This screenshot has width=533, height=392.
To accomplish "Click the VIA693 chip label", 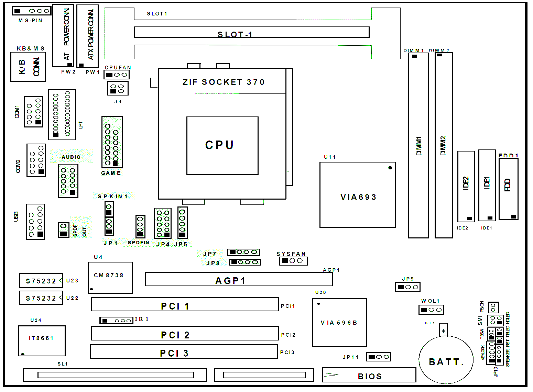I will click(358, 197).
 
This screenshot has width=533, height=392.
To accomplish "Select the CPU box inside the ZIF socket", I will click(222, 145).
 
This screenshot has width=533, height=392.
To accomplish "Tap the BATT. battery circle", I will click(446, 361).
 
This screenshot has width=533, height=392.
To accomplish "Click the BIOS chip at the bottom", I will click(369, 375).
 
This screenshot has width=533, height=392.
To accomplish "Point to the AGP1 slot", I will click(239, 279).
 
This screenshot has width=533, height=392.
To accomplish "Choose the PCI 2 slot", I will click(184, 334).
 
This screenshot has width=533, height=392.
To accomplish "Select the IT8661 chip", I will click(42, 340).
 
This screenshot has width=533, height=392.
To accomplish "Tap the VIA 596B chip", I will click(339, 323).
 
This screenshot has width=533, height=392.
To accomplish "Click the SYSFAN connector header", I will click(293, 261).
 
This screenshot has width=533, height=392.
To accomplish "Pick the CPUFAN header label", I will click(118, 68).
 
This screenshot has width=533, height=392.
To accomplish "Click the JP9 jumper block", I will click(407, 287).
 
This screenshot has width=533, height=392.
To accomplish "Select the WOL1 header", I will click(431, 310).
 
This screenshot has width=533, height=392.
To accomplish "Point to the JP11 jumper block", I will click(378, 357).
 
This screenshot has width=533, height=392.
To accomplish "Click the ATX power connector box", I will click(87, 36).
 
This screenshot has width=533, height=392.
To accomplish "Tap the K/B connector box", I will click(28, 67).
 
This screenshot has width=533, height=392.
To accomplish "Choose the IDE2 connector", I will click(466, 186).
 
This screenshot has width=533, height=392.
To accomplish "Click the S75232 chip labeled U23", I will click(41, 281).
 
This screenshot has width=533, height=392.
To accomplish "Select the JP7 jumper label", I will click(209, 254).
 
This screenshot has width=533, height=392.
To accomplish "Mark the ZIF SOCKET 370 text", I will click(224, 82).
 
